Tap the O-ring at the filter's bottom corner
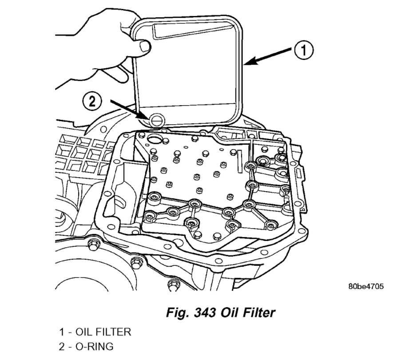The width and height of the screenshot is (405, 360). (x=156, y=119)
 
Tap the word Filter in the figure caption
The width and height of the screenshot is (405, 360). (x=258, y=313)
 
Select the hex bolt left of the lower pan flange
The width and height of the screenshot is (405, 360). (x=93, y=244)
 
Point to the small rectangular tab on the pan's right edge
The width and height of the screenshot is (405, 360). (x=299, y=171)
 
